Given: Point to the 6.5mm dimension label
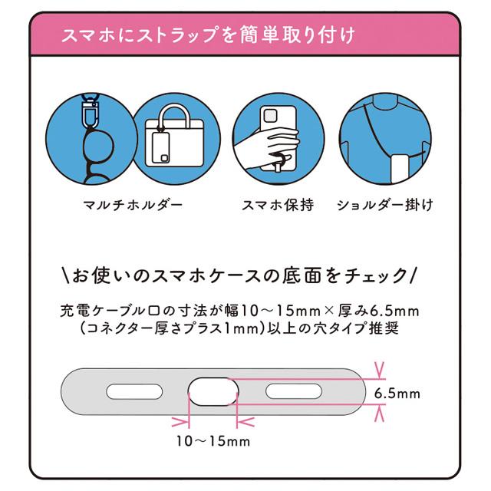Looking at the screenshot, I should (397, 394).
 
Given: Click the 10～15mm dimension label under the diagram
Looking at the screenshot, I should (213, 441).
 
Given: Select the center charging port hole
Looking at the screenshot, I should (213, 392).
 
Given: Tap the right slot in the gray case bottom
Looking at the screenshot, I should (292, 393).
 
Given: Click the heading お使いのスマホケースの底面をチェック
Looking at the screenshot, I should (243, 273).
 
